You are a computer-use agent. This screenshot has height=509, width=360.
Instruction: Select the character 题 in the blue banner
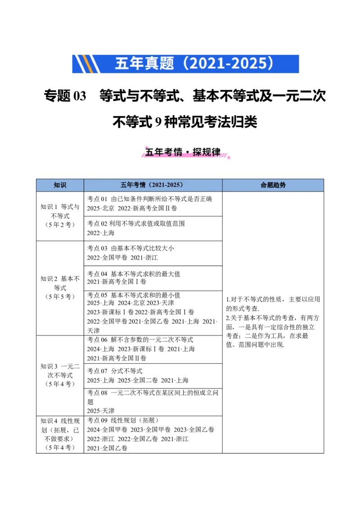[x=166, y=63]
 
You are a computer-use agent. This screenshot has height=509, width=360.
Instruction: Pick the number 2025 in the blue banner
[x=250, y=63]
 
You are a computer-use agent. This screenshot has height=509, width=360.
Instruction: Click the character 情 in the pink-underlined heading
[x=179, y=152]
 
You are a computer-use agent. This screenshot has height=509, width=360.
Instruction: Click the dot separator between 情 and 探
[x=188, y=152]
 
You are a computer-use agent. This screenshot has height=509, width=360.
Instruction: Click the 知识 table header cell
[x=60, y=185]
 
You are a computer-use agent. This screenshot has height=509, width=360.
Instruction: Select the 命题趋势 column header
[x=273, y=185]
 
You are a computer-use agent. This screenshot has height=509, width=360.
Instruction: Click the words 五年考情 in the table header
[x=133, y=185]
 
